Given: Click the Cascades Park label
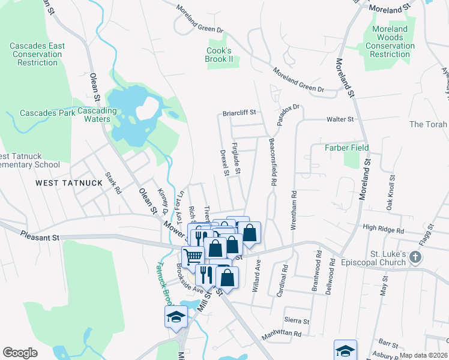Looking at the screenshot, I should pyautogui.click(x=47, y=113).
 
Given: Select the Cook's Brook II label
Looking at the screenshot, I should pyautogui.click(x=219, y=55).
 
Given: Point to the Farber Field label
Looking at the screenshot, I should pyautogui.click(x=346, y=148).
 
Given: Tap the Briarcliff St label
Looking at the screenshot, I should pyautogui.click(x=240, y=112).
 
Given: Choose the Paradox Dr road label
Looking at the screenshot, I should pyautogui.click(x=288, y=115).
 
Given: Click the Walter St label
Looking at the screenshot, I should pyautogui.click(x=340, y=120).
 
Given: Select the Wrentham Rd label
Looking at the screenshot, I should pyautogui.click(x=294, y=207).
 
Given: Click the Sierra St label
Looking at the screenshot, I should pyautogui.click(x=297, y=322).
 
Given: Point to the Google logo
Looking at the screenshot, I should pyautogui.click(x=20, y=353).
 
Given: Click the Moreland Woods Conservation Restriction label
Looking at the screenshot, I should pyautogui.click(x=390, y=41).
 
